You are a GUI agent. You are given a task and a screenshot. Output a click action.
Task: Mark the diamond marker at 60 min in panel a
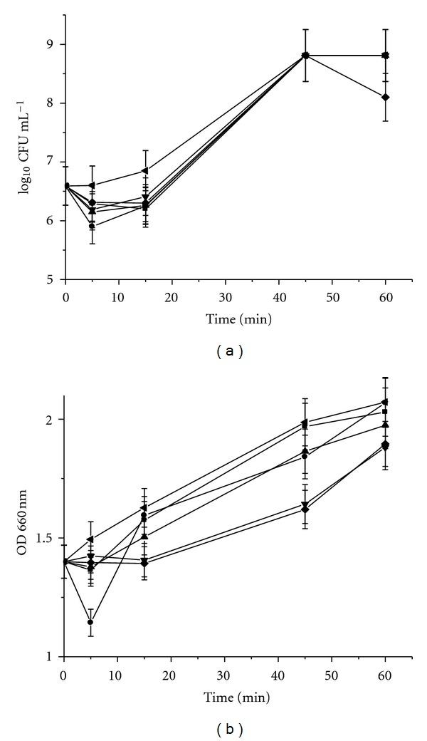coord(385,97)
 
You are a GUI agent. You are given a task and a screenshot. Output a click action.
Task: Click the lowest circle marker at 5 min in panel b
coord(90,622)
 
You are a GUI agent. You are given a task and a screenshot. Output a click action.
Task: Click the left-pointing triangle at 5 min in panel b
coord(90,539)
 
